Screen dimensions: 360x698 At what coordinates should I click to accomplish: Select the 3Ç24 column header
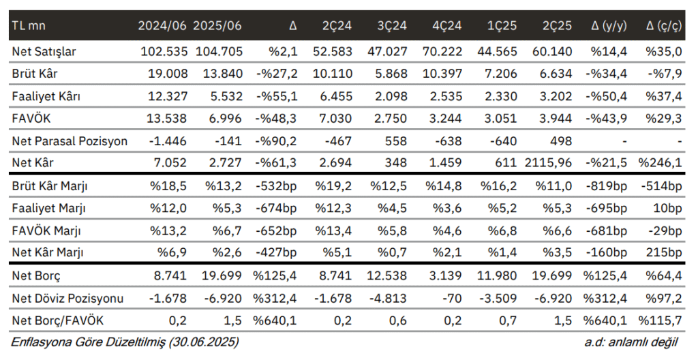point(392,27)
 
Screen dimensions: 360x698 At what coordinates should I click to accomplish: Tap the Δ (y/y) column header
point(609,27)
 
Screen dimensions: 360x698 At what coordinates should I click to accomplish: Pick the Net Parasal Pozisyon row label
point(70,141)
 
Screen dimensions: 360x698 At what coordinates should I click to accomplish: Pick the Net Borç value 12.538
point(388,275)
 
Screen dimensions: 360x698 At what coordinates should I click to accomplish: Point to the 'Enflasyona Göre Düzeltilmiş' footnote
point(125,341)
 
